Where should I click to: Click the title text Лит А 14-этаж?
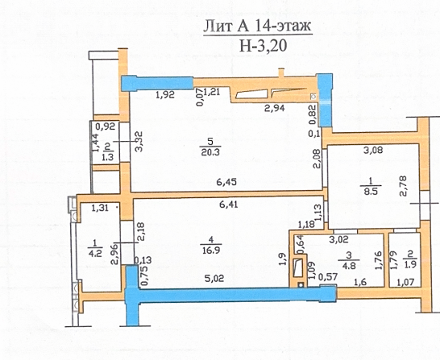click(x=257, y=27)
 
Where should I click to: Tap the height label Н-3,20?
click(x=263, y=45)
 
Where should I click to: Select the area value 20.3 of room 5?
click(x=210, y=152)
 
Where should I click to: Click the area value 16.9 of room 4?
click(x=212, y=250)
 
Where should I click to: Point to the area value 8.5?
click(x=371, y=192)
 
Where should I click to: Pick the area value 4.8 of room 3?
click(x=349, y=265)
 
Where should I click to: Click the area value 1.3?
click(x=108, y=157)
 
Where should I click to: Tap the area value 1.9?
click(x=410, y=263)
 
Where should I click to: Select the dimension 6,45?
click(x=226, y=182)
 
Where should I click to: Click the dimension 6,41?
click(x=228, y=204)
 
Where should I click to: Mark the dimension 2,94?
click(x=275, y=108)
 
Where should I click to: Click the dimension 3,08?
click(x=373, y=150)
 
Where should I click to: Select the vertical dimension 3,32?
click(x=139, y=141)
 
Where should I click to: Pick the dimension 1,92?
click(x=165, y=95)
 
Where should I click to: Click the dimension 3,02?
click(x=339, y=239)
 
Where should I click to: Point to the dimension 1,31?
click(x=100, y=208)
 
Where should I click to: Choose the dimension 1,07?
click(x=405, y=282)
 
